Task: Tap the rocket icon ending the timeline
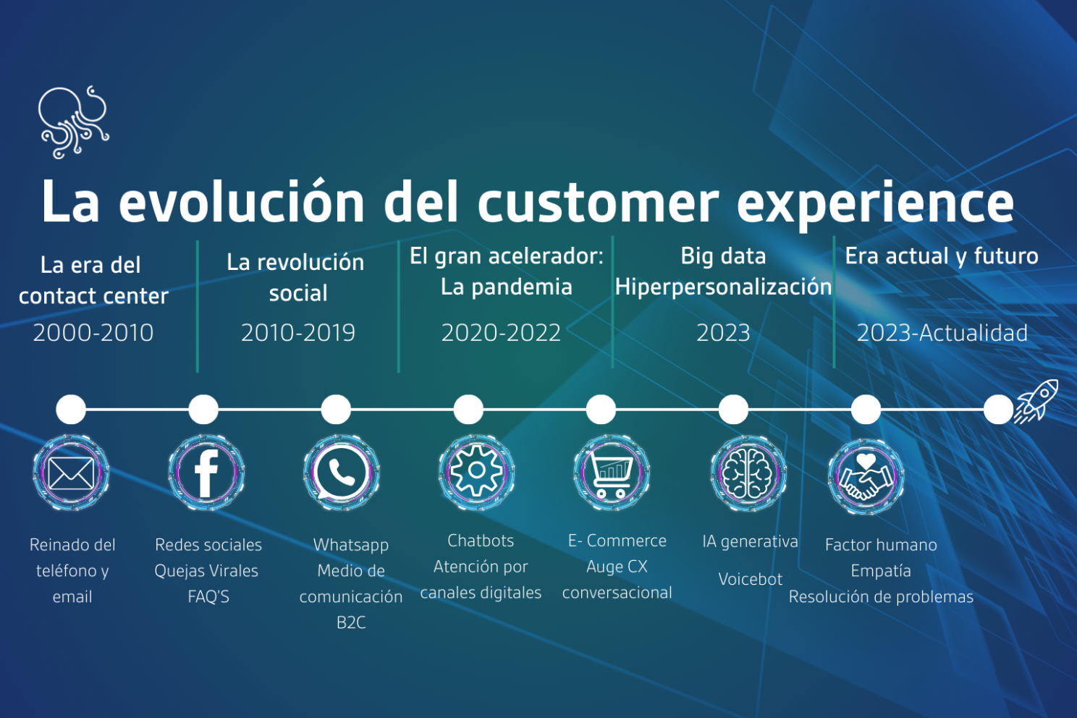(1036, 400)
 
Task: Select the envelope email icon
(71, 473)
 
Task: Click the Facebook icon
(206, 473)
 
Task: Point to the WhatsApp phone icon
(341, 473)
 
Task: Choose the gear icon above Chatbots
(476, 472)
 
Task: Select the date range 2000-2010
(93, 333)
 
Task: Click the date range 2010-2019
(298, 333)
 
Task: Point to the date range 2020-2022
(501, 333)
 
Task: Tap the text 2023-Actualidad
(942, 333)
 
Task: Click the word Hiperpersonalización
(723, 287)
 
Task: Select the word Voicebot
(751, 579)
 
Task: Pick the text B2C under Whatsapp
(351, 622)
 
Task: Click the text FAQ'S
(208, 596)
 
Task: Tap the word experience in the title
(875, 203)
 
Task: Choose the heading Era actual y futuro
(942, 256)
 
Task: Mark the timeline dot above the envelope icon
(71, 410)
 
